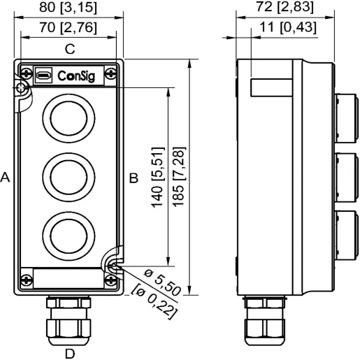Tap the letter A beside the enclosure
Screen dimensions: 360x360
click(6, 178)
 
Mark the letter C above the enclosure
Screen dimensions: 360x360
click(69, 49)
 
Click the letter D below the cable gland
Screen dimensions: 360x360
click(69, 352)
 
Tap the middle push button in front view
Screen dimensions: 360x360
click(69, 173)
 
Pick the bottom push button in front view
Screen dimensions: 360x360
click(69, 233)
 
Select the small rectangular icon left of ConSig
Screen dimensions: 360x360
click(43, 74)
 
